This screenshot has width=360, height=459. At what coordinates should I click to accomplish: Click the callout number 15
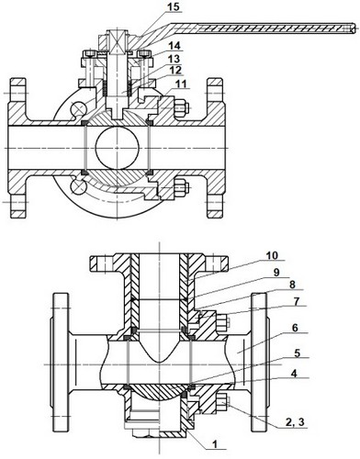click(x=174, y=6)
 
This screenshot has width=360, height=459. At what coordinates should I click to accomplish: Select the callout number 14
click(x=174, y=46)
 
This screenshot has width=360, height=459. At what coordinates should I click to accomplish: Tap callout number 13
click(x=174, y=59)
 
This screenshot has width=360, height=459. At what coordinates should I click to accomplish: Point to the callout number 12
click(x=175, y=70)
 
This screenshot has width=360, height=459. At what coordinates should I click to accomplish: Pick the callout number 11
click(x=180, y=84)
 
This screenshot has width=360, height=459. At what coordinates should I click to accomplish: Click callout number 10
click(x=272, y=255)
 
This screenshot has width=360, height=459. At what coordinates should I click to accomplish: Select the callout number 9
click(x=276, y=273)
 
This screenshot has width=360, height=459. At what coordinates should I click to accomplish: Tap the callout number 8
click(x=292, y=285)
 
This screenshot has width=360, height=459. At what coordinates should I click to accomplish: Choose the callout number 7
click(x=296, y=302)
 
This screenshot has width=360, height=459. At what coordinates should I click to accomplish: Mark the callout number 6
click(x=295, y=328)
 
